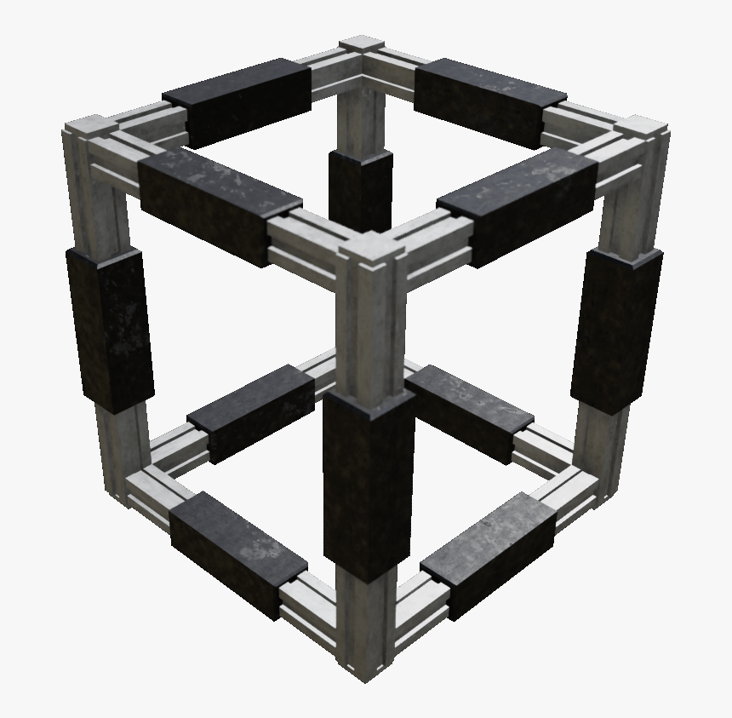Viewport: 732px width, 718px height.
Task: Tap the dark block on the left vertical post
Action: (110, 327)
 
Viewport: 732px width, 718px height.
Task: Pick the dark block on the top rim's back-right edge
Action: (489, 101)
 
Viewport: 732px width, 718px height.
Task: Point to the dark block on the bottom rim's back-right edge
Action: (470, 412)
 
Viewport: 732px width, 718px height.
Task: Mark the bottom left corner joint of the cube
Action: (128, 485)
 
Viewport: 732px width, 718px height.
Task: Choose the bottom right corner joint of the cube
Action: (596, 485)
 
